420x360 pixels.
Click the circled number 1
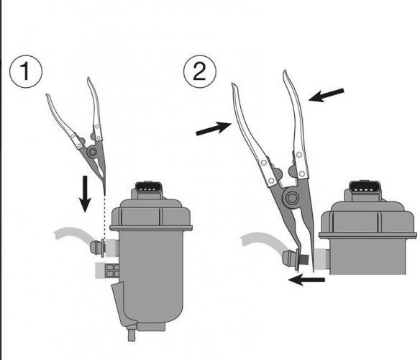[26, 71]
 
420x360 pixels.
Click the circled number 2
[199, 71]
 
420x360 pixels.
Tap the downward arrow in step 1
[85, 194]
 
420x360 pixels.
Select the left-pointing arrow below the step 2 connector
[306, 280]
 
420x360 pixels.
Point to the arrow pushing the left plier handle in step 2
[214, 127]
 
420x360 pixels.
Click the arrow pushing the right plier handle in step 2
[327, 95]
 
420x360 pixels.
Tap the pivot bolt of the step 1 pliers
[93, 152]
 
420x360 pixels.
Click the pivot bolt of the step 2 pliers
[292, 198]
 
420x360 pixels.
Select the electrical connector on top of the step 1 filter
[149, 188]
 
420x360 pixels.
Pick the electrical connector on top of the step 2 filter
[363, 187]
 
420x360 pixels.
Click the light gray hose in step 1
[73, 235]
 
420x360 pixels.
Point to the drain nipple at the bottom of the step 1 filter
[132, 333]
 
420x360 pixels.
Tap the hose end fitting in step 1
[97, 248]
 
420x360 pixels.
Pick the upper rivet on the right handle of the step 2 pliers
[299, 155]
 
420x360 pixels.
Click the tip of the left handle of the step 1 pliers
[47, 95]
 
